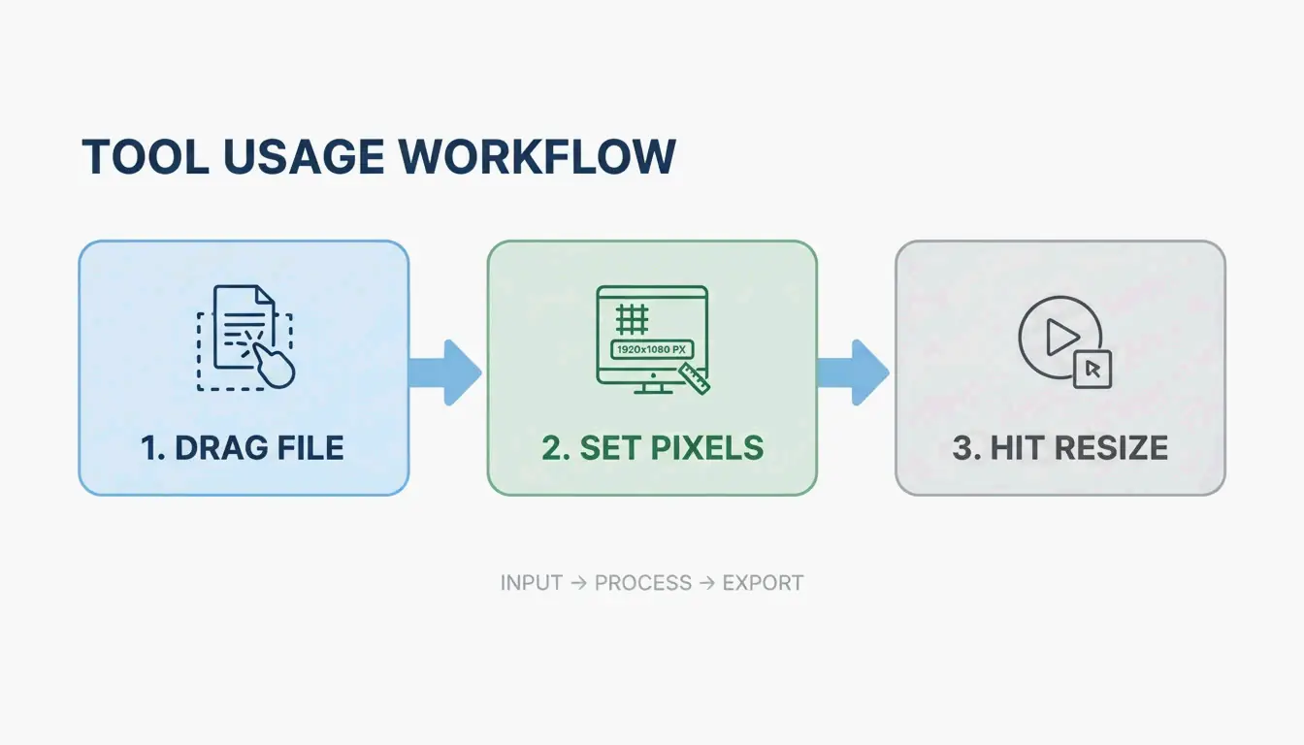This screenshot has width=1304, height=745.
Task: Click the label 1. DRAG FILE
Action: coord(243,448)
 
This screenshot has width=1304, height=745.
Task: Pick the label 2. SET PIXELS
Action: coord(652,448)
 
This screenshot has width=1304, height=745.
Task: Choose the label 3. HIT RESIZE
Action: coord(1059,448)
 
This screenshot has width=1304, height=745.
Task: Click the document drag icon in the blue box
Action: coord(243,335)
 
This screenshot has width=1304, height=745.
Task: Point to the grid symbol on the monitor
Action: coord(633,317)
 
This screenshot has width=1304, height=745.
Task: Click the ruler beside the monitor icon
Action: coord(695,377)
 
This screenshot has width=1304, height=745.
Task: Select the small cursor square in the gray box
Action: coord(1092,369)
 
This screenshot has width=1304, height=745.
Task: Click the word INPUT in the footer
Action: coord(531,583)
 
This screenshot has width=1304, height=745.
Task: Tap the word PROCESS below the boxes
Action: coord(643,583)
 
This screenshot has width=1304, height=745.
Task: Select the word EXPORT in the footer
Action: coord(764,583)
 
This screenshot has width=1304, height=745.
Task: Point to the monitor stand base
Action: coord(651,390)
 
